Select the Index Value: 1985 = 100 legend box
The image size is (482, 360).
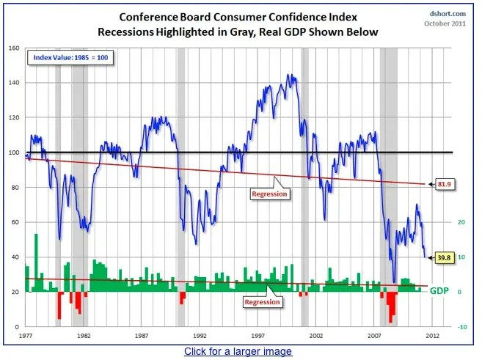(x=69, y=57)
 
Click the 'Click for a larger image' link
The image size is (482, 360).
(x=238, y=352)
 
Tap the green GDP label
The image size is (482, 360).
(x=439, y=291)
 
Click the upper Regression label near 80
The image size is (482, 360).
(x=269, y=194)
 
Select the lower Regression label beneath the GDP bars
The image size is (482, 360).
(x=261, y=301)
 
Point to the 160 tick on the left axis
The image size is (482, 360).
(x=13, y=48)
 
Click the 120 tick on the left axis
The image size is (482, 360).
(x=13, y=118)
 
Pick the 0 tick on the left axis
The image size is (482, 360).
(x=16, y=326)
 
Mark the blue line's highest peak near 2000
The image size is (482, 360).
(x=292, y=75)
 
